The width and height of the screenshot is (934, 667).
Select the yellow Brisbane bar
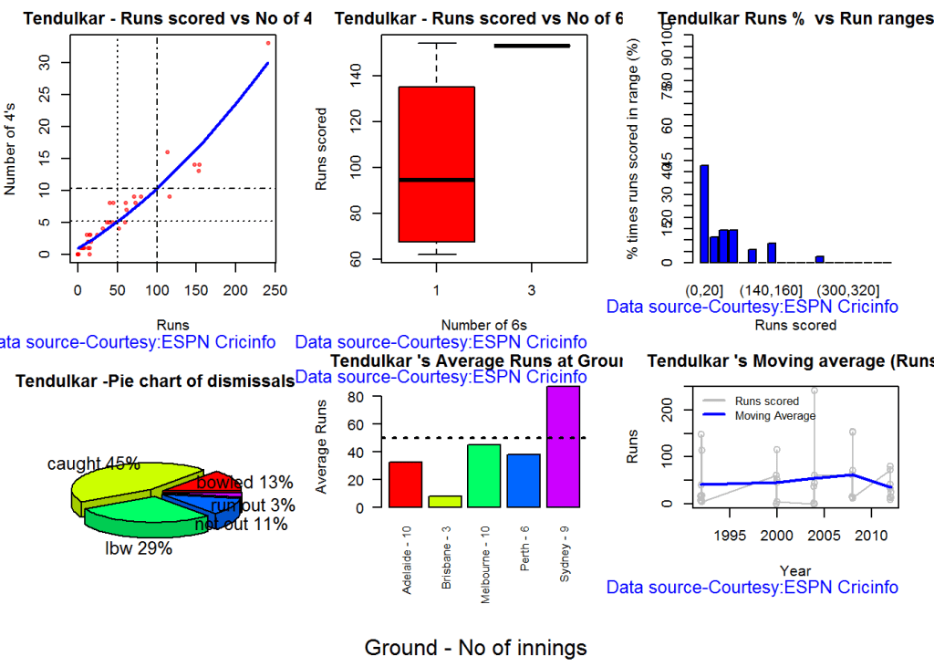[x=445, y=501]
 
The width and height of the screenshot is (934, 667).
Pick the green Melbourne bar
[x=484, y=475]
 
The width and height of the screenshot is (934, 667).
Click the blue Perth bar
[x=524, y=480]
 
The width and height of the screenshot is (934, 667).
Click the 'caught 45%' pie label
[x=94, y=464]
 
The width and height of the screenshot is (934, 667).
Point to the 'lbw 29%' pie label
[x=139, y=548]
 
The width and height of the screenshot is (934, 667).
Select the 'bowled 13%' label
[x=244, y=483]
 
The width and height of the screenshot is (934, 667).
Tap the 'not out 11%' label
[x=241, y=524]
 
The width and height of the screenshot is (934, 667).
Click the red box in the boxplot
[x=436, y=164]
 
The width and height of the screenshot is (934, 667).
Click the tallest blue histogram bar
[x=704, y=214]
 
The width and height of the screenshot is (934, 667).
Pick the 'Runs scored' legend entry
[x=766, y=401]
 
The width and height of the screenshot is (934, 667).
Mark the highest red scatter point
[x=268, y=43]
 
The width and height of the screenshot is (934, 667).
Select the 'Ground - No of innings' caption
[x=475, y=648]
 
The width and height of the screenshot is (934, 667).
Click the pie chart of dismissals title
[x=154, y=380]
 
